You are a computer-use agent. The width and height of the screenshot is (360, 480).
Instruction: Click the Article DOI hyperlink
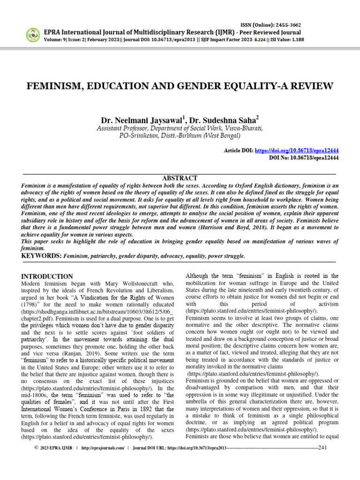(x=297, y=150)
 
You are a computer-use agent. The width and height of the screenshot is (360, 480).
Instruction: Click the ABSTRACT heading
(x=180, y=178)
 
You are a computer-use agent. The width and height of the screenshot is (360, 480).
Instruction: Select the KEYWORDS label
(x=41, y=256)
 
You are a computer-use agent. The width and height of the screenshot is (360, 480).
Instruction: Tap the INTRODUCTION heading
(x=47, y=277)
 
